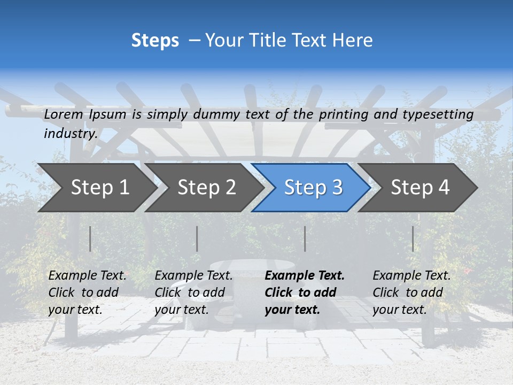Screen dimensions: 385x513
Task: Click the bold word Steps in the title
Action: click(x=155, y=41)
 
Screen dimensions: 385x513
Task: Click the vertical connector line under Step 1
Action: click(x=90, y=238)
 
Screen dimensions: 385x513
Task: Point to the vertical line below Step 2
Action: click(x=197, y=238)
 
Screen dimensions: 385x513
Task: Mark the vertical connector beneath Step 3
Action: click(x=305, y=238)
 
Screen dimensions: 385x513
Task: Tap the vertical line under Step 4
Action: click(x=413, y=238)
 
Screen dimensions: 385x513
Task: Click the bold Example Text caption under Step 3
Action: click(x=305, y=292)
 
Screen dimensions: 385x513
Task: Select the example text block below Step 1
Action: click(x=87, y=292)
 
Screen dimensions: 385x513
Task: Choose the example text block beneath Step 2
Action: click(x=193, y=292)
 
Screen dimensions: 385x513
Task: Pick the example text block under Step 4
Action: click(x=411, y=292)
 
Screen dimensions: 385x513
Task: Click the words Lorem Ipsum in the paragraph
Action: click(x=85, y=114)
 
